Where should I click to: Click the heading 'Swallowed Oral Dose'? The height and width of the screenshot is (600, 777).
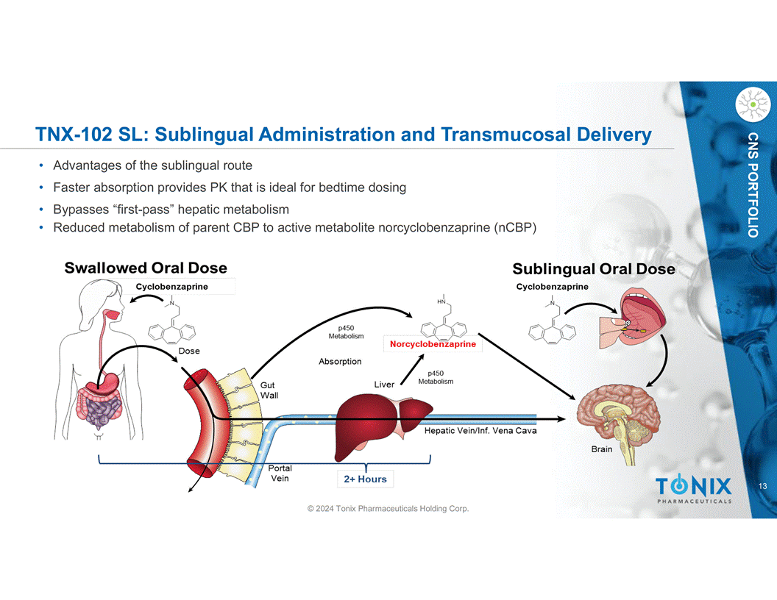point(146,268)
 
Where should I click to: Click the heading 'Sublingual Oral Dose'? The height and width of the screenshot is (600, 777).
point(593,269)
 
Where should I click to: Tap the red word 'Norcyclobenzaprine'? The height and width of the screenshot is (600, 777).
point(433,344)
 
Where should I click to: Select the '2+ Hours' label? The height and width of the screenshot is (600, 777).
point(365,479)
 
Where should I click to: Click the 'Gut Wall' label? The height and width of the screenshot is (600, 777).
point(269,390)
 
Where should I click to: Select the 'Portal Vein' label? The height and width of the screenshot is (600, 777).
point(280,473)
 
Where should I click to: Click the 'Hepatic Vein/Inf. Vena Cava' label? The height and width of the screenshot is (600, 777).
point(480,431)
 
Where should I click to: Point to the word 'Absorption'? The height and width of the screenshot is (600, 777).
point(340,362)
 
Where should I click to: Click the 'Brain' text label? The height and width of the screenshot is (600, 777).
point(602,449)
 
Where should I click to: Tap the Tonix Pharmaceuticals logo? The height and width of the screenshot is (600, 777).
point(693,489)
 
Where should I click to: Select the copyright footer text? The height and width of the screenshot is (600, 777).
point(388,509)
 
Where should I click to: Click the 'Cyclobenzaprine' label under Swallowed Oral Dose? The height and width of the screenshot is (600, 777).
point(171,287)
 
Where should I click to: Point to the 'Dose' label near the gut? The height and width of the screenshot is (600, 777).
point(189,351)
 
